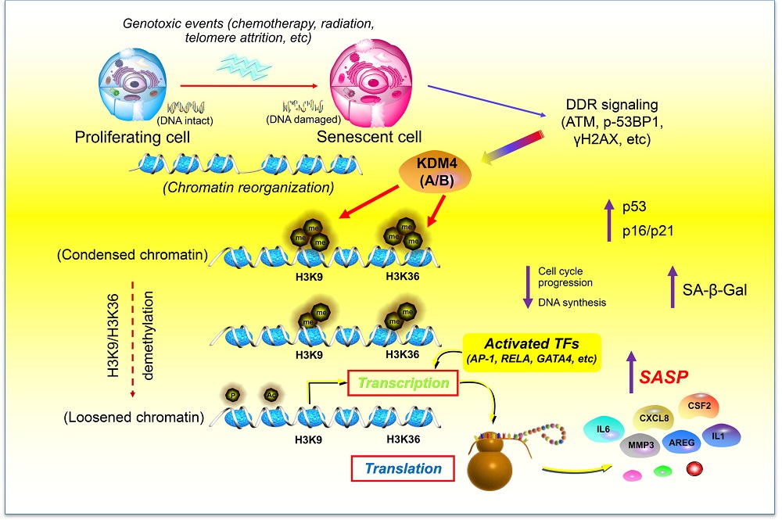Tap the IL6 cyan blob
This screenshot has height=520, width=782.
pos(604,429)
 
